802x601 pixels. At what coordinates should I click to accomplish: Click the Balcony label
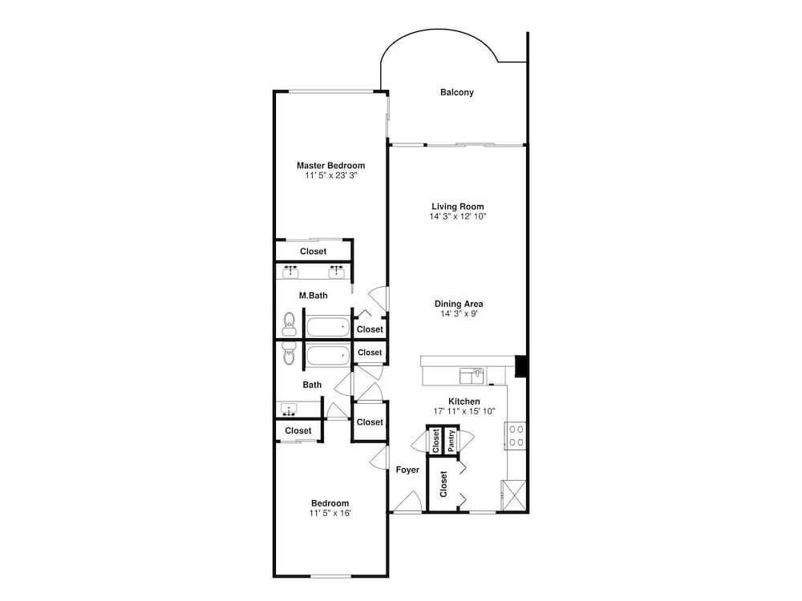click(x=457, y=92)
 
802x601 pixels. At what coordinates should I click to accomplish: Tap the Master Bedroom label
click(x=331, y=166)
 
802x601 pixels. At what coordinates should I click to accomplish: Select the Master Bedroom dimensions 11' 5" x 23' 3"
click(x=331, y=175)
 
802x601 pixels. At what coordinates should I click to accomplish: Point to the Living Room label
click(x=458, y=207)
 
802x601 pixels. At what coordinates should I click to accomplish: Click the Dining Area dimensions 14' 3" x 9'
click(x=459, y=314)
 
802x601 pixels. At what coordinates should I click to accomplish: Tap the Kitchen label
click(x=464, y=401)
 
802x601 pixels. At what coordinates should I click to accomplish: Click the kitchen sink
click(x=472, y=376)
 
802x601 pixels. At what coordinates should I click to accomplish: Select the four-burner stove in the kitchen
click(x=516, y=435)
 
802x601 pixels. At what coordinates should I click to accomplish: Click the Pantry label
click(x=451, y=441)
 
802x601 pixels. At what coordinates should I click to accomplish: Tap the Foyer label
click(x=407, y=470)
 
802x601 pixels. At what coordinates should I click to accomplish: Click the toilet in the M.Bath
click(x=289, y=324)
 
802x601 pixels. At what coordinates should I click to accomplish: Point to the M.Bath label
click(x=313, y=296)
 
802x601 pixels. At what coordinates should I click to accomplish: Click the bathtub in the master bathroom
click(x=328, y=327)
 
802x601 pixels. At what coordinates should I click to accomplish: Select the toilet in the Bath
click(x=289, y=353)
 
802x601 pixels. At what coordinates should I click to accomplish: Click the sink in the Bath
click(x=290, y=409)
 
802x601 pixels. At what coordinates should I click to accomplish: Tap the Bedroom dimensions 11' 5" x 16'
click(x=330, y=513)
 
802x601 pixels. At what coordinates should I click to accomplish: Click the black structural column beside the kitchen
click(x=520, y=366)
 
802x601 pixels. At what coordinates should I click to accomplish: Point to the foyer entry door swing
click(x=407, y=501)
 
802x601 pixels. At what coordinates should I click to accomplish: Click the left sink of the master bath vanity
click(x=291, y=272)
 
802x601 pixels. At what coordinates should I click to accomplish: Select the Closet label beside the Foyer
click(x=443, y=484)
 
